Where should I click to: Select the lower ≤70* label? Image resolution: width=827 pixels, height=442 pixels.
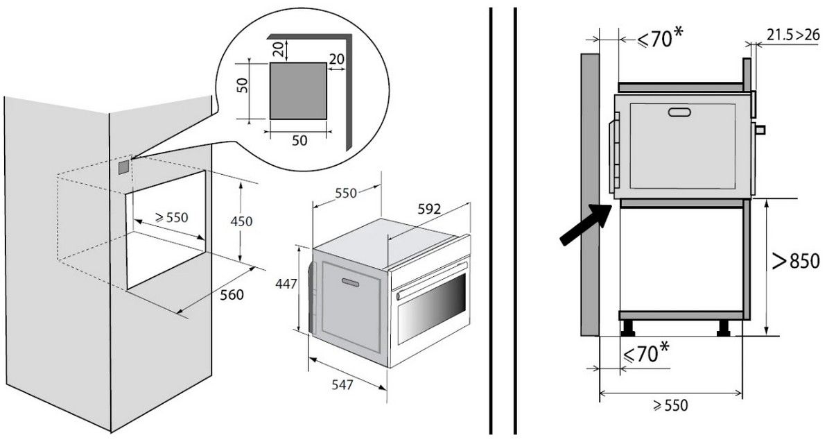tap(646, 353)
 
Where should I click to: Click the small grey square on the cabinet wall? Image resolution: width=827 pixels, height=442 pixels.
tap(123, 167)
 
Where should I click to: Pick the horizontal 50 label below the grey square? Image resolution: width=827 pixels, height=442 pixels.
tap(299, 140)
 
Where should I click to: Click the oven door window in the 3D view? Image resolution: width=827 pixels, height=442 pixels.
tap(431, 310)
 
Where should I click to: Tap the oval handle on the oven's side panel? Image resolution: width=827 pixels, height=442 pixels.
tap(350, 281)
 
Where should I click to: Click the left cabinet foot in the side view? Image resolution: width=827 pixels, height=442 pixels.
tap(630, 326)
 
